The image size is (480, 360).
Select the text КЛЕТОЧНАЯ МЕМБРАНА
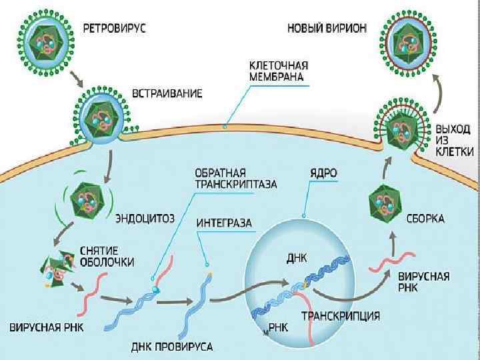(x=278, y=71)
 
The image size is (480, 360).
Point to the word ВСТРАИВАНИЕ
(x=167, y=94)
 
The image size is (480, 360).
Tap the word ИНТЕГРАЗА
(x=224, y=223)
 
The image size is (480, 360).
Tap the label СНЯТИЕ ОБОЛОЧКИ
(x=107, y=256)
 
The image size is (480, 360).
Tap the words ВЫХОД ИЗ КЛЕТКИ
(x=455, y=139)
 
